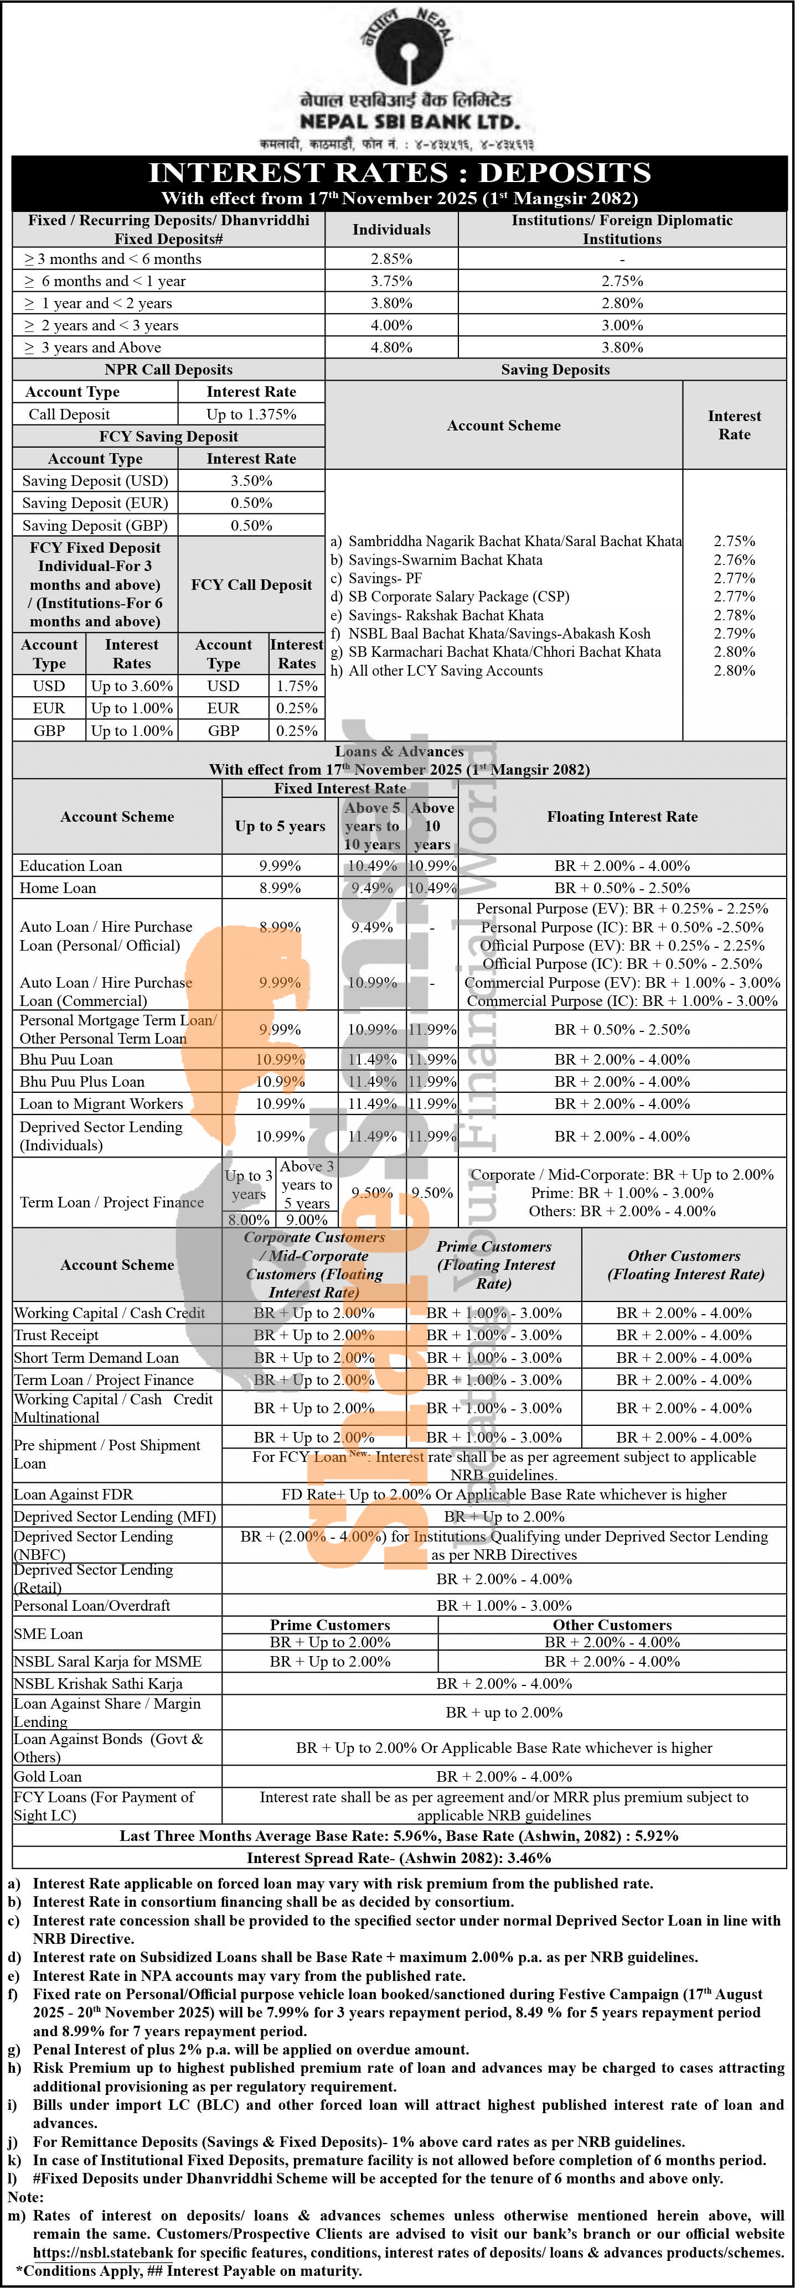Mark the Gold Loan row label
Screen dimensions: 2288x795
click(48, 1776)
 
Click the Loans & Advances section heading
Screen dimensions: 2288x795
click(399, 751)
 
